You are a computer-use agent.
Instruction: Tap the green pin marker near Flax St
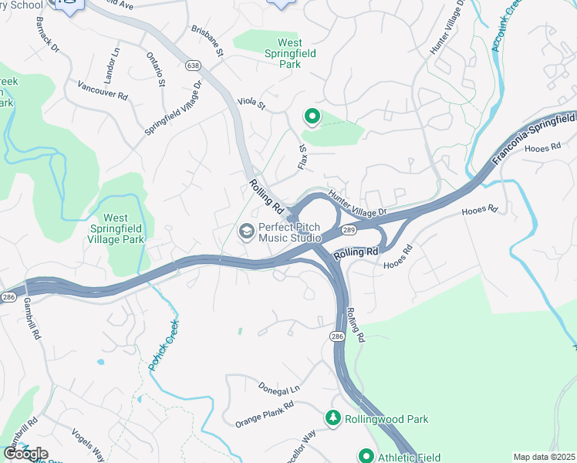tap(312, 117)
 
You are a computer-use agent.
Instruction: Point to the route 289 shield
tap(349, 230)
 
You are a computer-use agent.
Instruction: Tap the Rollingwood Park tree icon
tap(333, 418)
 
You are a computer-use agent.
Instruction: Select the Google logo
tap(25, 454)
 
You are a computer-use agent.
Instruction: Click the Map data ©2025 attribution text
tap(544, 457)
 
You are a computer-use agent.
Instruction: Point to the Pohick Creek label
tap(164, 345)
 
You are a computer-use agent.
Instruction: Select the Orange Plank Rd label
tap(265, 415)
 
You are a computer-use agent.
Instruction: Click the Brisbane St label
tap(207, 41)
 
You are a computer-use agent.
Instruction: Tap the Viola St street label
tap(251, 102)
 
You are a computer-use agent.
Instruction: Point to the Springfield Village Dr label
tap(173, 109)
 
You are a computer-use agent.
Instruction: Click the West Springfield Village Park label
tap(126, 229)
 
